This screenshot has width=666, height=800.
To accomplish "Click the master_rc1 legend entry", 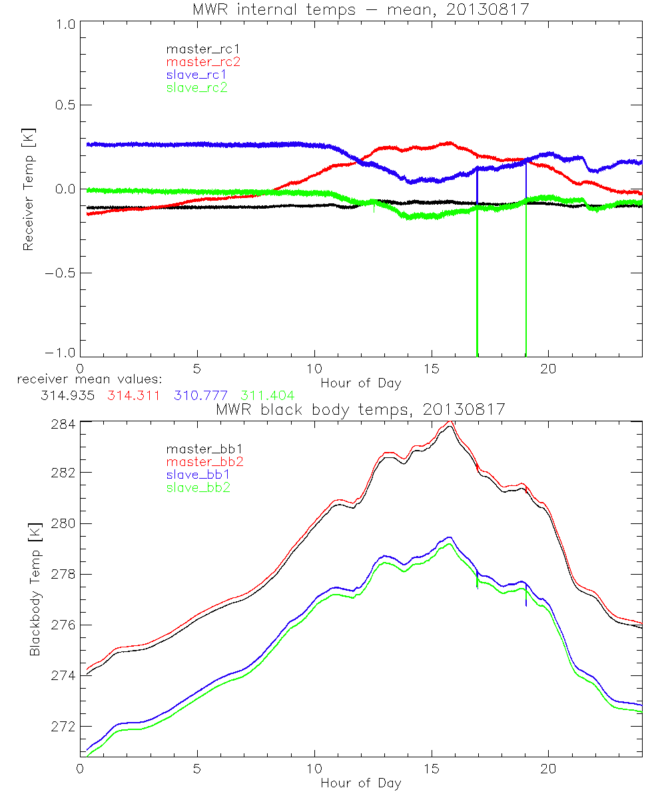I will [196, 49].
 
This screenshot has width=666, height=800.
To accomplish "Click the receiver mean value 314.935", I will [66, 395].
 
